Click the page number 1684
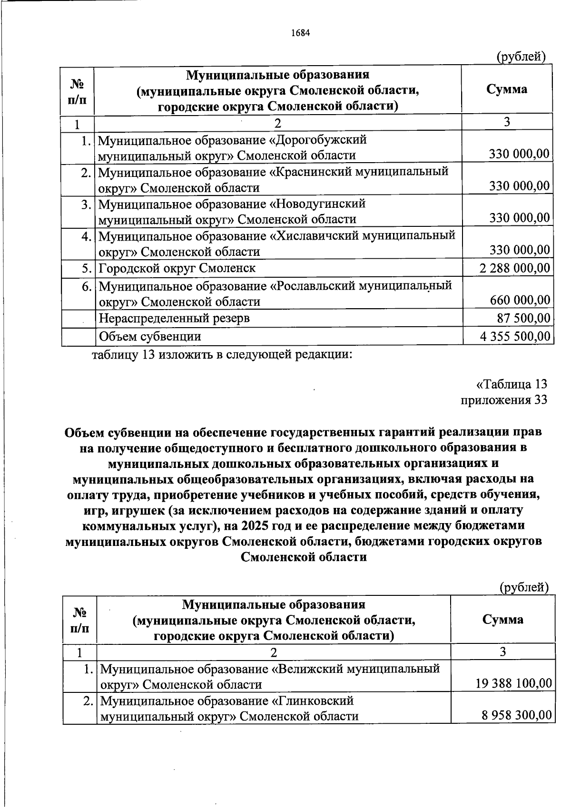pos(300,33)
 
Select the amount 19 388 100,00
pos(513,684)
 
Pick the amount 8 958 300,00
pos(517,715)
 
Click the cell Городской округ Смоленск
pos(177,268)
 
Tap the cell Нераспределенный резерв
pos(174,318)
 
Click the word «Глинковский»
pos(312,701)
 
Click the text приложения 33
pos(504,400)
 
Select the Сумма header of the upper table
pos(507,89)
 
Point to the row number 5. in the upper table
pos(86,268)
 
